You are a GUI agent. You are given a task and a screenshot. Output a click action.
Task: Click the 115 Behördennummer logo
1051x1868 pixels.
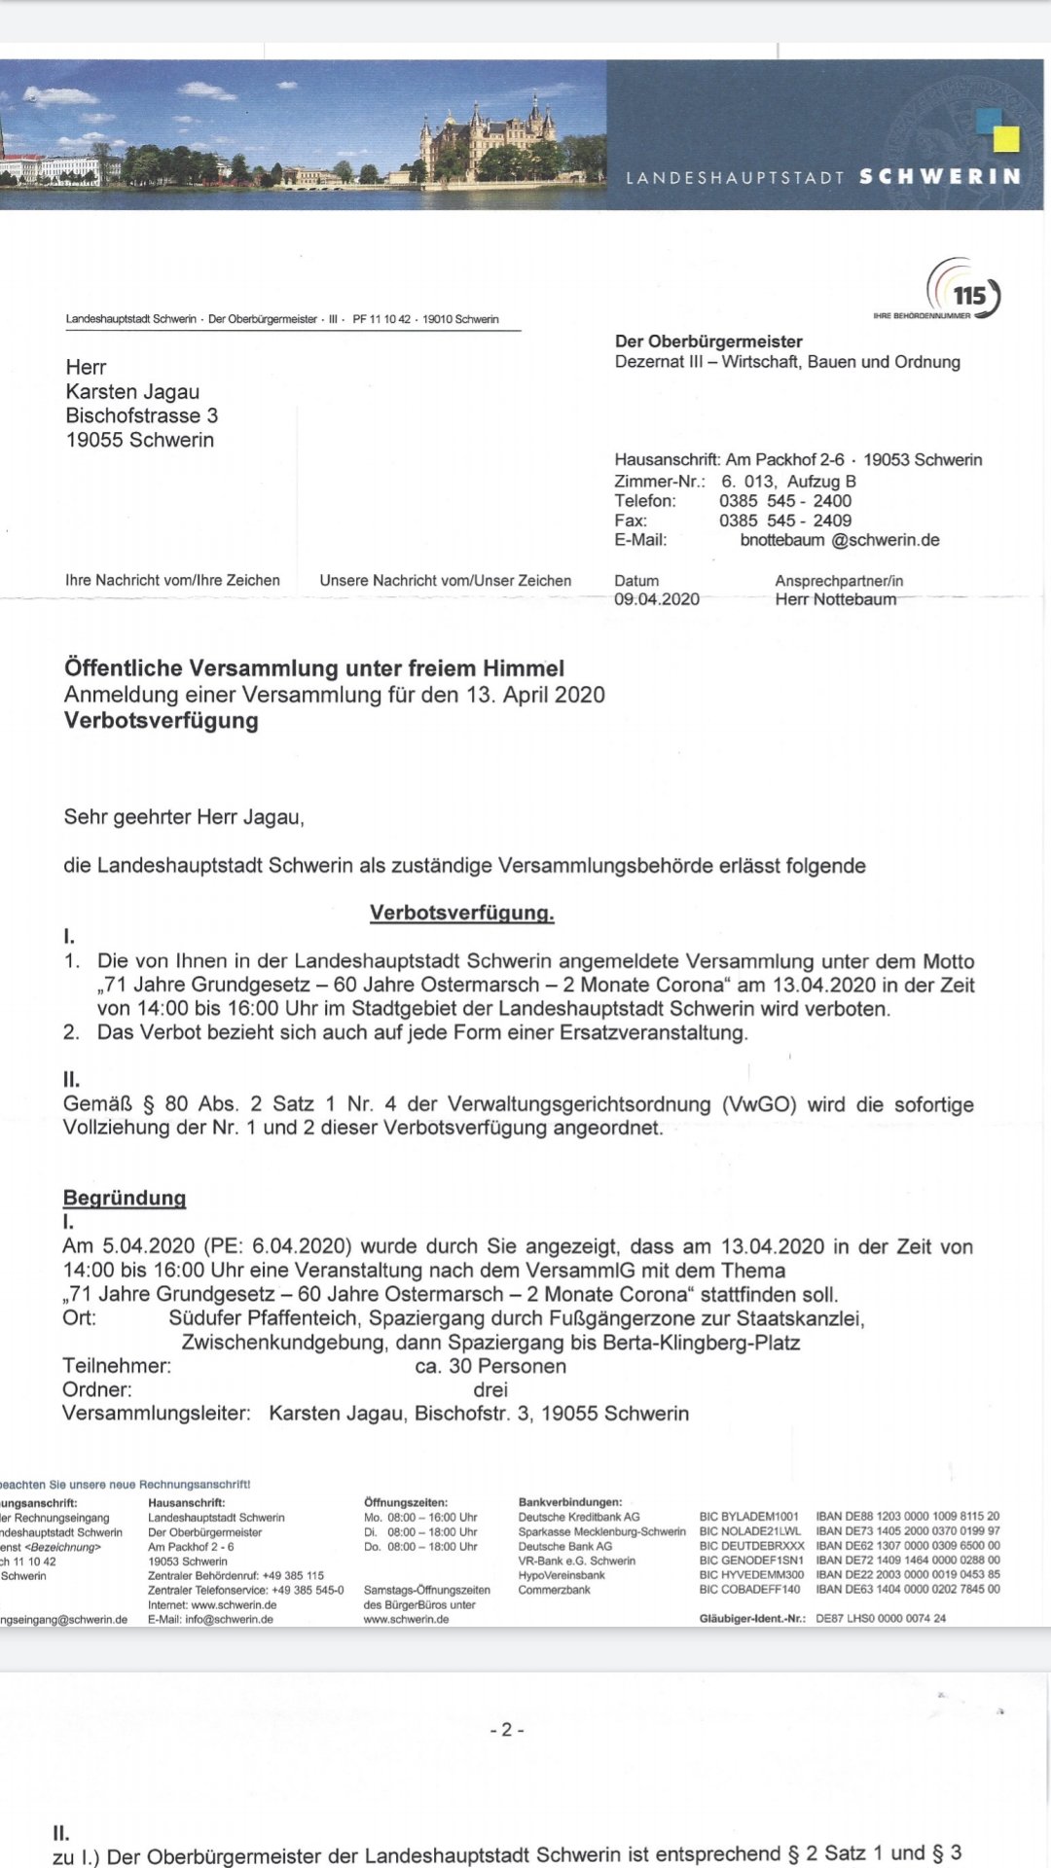963,290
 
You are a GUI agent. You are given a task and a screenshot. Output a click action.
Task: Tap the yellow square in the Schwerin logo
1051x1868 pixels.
1006,139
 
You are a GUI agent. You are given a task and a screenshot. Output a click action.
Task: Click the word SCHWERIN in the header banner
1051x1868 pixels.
939,177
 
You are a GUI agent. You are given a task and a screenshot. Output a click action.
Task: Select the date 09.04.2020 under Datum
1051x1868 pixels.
656,599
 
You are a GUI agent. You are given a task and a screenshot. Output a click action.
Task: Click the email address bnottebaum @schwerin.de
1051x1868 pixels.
839,540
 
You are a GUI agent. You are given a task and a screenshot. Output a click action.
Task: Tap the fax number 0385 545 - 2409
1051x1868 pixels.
784,521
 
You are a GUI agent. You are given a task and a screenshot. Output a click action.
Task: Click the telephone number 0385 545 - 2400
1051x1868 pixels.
784,501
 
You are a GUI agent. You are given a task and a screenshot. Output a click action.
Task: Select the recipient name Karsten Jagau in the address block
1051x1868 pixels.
132,392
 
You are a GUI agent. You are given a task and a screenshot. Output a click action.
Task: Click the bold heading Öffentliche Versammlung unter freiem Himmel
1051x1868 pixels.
313,668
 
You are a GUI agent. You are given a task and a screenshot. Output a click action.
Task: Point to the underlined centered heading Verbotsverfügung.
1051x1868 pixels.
461,913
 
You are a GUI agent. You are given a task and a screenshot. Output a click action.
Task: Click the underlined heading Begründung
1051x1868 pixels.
124,1198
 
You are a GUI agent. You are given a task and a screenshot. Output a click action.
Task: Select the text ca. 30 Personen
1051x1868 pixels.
490,1366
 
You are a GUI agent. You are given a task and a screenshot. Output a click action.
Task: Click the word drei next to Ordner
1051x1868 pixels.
490,1389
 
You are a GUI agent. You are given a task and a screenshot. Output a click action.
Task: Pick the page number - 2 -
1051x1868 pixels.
507,1729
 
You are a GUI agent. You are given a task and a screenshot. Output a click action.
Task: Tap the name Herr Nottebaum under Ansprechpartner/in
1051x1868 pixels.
835,599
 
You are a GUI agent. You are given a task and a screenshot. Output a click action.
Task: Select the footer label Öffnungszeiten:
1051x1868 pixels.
405,1502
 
